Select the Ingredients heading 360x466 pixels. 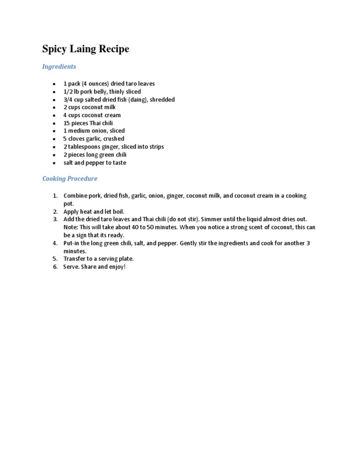pos(59,67)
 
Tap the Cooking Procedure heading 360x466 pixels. pos(70,179)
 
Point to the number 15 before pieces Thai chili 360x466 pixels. pos(67,123)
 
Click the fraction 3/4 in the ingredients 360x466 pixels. pos(68,99)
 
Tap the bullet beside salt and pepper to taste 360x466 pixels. pos(55,163)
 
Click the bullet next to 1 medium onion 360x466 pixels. pos(55,131)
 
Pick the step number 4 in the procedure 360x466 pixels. pos(55,243)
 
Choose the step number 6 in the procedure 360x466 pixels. pos(55,267)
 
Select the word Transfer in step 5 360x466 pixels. pos(75,259)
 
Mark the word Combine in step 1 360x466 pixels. pos(75,195)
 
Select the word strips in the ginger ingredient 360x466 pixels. pos(155,147)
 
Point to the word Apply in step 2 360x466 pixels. pos(71,211)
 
